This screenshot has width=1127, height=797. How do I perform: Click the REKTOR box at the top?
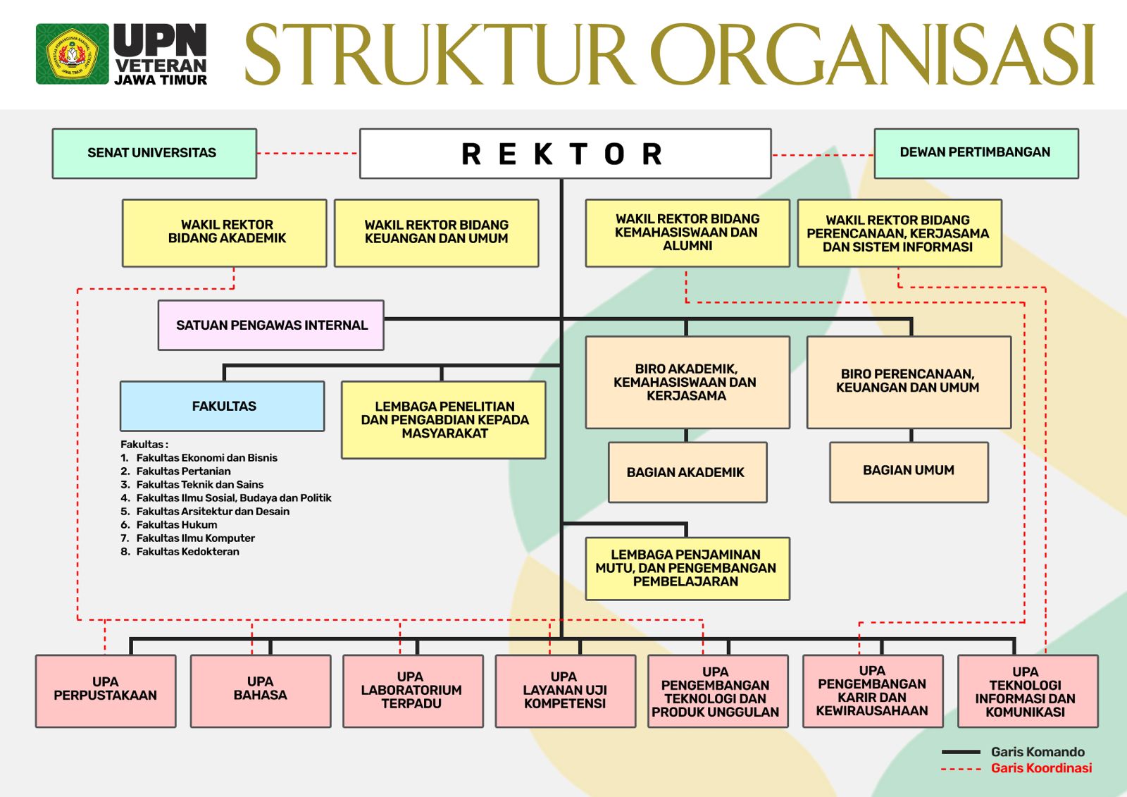[x=565, y=154]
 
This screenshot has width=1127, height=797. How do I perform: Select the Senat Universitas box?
[x=154, y=153]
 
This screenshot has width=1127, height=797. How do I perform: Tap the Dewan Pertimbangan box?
[x=976, y=153]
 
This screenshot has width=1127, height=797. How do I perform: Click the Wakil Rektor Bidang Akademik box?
[x=225, y=233]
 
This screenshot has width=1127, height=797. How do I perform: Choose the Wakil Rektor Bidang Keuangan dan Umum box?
[x=436, y=233]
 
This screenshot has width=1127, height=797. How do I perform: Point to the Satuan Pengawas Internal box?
[x=271, y=325]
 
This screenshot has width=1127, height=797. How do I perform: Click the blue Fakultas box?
[x=223, y=406]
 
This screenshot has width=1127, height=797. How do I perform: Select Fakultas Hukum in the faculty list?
[x=176, y=525]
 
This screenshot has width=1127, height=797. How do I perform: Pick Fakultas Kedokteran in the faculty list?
[x=187, y=552]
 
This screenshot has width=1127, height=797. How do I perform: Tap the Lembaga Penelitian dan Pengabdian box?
[x=444, y=420]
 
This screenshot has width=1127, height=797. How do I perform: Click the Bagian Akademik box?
[x=687, y=472]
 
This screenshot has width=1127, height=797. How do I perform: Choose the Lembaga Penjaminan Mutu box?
[x=687, y=568]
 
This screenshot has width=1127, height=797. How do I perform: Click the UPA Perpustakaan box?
[x=106, y=690]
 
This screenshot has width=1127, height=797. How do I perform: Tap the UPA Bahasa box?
[x=261, y=690]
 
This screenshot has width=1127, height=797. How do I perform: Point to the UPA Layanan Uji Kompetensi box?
[x=565, y=690]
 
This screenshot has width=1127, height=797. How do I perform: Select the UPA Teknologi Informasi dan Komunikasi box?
[x=1027, y=691]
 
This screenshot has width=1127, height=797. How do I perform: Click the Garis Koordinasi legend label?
[x=1041, y=768]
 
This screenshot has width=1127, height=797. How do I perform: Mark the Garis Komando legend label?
[x=1038, y=752]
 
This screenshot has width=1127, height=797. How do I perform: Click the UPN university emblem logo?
[x=73, y=54]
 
